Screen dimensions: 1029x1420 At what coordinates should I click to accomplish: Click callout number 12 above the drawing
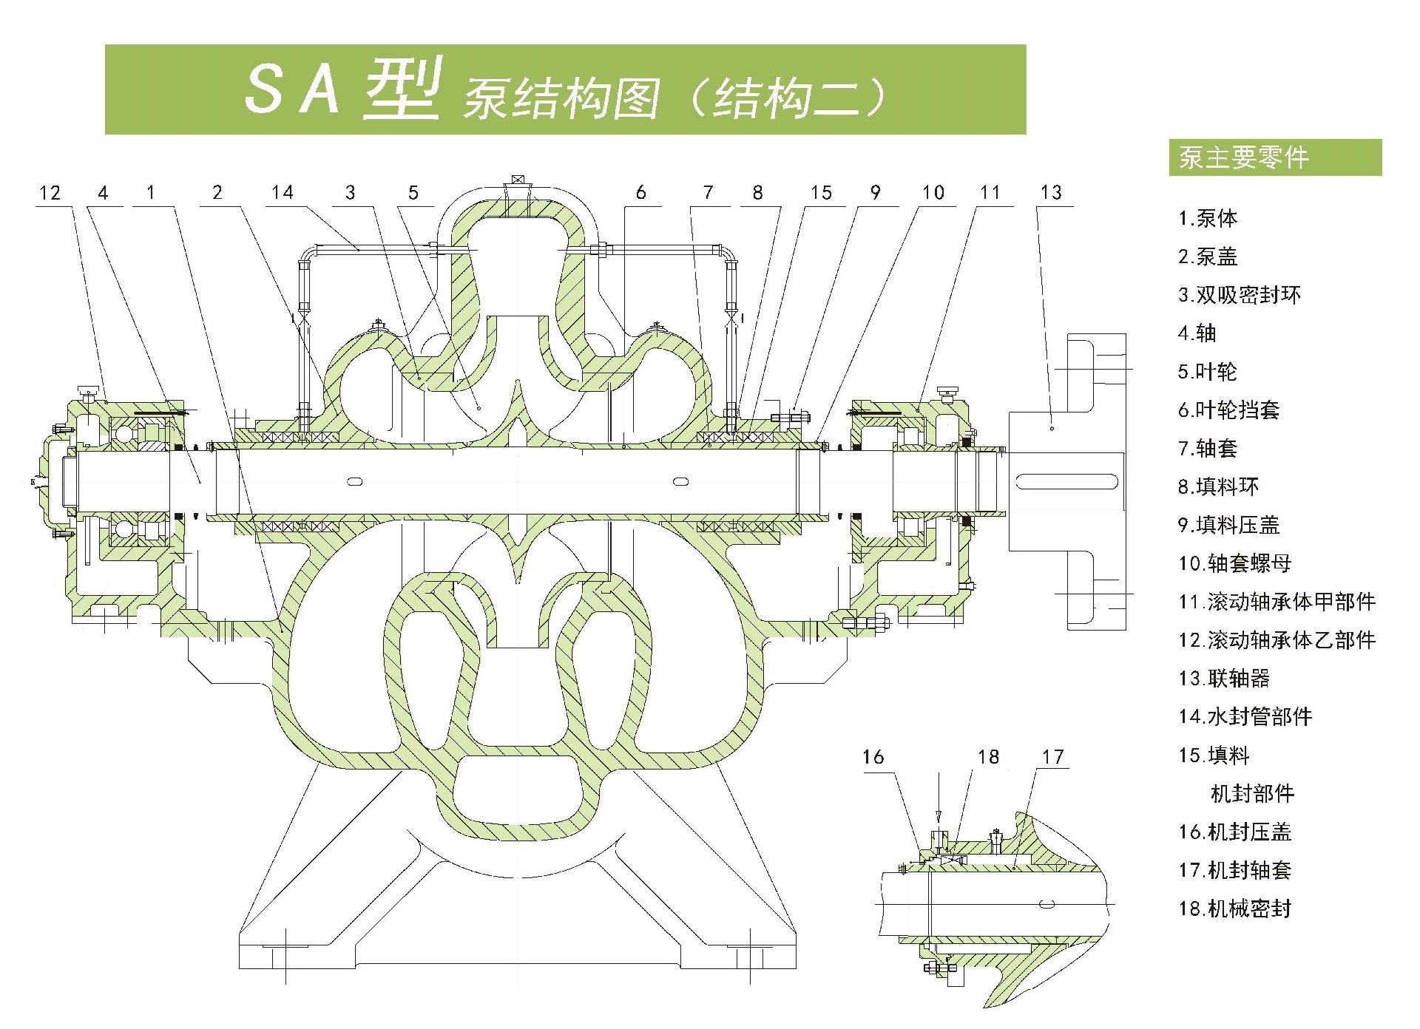[50, 194]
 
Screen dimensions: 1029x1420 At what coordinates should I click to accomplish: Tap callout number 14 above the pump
[282, 193]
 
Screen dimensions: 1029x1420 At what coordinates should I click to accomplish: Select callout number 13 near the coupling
[1050, 193]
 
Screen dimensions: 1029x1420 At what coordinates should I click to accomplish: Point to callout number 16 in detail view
[873, 757]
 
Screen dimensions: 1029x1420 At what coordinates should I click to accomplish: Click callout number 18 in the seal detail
[988, 757]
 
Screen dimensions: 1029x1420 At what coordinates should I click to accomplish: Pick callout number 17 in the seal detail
[1052, 757]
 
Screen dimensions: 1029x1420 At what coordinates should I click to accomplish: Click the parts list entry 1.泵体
[1208, 219]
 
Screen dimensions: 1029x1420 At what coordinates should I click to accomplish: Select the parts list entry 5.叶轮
[1207, 372]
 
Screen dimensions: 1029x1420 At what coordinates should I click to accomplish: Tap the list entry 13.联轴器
[1224, 679]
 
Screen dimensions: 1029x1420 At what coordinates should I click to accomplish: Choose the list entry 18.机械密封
[1234, 909]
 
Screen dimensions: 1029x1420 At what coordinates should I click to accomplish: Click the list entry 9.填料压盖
[1228, 526]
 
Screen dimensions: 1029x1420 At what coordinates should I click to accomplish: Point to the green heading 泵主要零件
[1244, 158]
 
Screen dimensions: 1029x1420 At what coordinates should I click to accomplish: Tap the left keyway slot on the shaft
[355, 482]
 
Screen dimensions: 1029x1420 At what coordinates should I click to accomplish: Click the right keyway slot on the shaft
[680, 482]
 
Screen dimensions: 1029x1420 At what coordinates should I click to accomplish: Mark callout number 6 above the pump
[640, 193]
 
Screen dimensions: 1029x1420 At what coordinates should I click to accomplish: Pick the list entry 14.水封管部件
[1245, 717]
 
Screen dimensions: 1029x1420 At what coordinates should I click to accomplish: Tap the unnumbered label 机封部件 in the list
[1252, 794]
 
